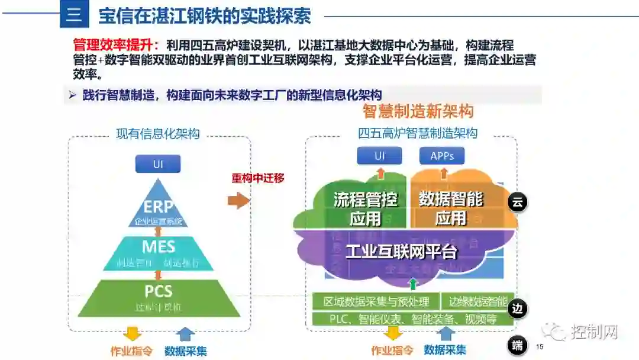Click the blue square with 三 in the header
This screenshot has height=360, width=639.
(x=74, y=14)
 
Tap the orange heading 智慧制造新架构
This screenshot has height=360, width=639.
(x=418, y=111)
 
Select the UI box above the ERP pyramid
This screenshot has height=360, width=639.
(x=157, y=164)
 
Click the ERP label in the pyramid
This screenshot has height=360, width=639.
(x=158, y=207)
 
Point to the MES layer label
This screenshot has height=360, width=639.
(x=158, y=245)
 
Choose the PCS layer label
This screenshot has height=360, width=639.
(x=158, y=291)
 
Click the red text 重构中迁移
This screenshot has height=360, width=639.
(x=258, y=178)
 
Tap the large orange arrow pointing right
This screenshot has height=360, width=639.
(x=238, y=201)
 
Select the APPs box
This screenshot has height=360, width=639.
(x=442, y=156)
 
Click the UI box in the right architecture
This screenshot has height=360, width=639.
(x=379, y=156)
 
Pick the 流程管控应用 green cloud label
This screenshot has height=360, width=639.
(x=365, y=208)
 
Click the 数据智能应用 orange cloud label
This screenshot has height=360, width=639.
(x=451, y=208)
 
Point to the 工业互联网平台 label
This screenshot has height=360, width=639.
(x=401, y=252)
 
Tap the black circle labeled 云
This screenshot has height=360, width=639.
(x=517, y=202)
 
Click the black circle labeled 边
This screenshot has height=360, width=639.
(x=518, y=308)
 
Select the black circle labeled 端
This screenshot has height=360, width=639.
(x=518, y=346)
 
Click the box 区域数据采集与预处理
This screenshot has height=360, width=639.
(x=376, y=301)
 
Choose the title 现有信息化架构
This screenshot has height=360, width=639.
(x=157, y=134)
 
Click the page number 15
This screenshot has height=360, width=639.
(x=539, y=346)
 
